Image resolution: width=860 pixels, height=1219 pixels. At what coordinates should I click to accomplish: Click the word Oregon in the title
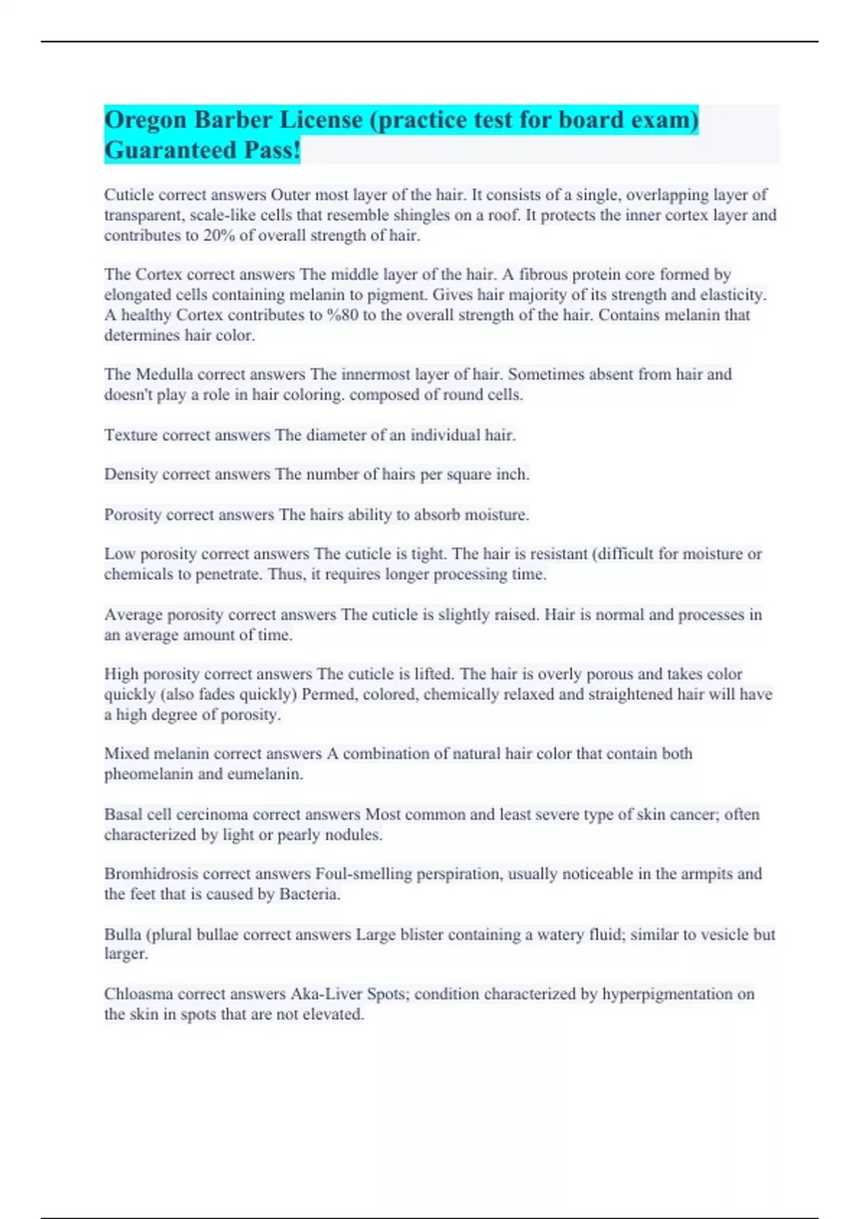click(145, 120)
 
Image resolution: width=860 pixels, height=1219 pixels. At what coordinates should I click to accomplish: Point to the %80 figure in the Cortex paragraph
click(342, 315)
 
